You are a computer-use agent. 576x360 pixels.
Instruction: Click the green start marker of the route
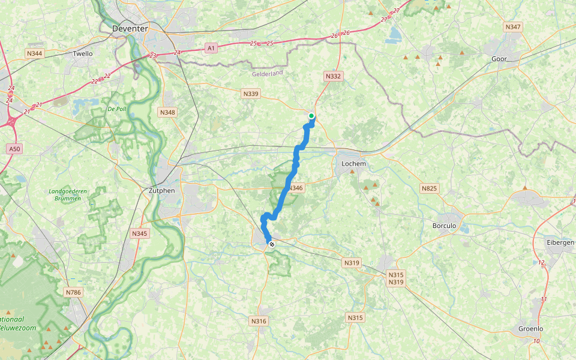(311, 116)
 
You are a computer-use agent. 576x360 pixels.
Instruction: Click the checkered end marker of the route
(272, 244)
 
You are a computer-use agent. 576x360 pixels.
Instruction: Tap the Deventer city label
(130, 28)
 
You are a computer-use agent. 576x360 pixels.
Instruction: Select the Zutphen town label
(161, 191)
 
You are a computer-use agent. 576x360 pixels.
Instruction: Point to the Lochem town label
(353, 163)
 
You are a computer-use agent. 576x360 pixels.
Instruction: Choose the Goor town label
(499, 59)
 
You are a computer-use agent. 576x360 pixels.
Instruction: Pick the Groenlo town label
(530, 329)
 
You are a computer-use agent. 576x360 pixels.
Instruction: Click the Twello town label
(83, 53)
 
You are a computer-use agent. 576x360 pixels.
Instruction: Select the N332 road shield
(333, 76)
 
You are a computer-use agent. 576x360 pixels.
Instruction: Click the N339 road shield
(251, 94)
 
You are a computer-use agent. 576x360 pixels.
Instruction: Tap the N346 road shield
(295, 188)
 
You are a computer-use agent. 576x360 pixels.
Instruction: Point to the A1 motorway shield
(211, 47)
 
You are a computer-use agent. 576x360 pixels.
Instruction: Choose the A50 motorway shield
(14, 148)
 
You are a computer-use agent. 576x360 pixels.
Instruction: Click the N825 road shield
(429, 188)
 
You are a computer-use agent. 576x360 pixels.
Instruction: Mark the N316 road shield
(259, 321)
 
